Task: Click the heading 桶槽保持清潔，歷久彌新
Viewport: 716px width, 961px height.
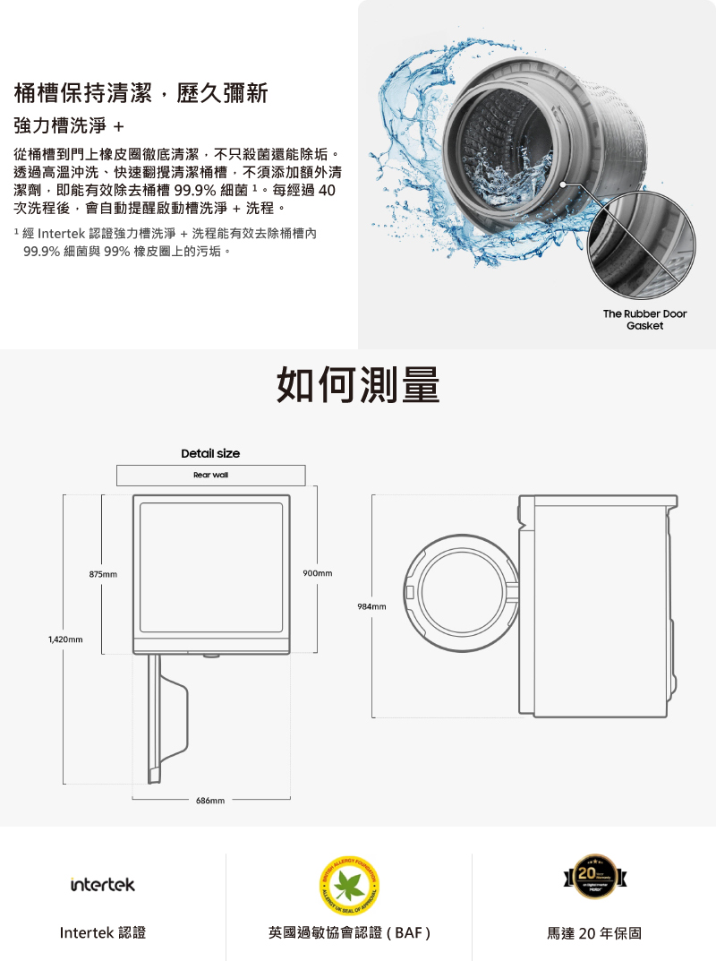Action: click(141, 93)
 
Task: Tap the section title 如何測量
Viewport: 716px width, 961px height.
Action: click(358, 384)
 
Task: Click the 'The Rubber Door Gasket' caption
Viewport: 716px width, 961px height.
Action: click(644, 320)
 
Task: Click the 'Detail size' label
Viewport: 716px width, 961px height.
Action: click(210, 453)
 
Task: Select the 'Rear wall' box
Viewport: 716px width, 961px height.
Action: click(210, 475)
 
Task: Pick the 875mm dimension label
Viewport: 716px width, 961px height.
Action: click(103, 573)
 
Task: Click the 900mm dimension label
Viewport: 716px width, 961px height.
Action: click(318, 572)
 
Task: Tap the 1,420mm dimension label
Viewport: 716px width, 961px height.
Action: click(65, 639)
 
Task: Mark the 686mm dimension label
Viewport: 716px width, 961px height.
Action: click(210, 798)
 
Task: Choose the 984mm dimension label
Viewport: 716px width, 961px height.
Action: click(371, 606)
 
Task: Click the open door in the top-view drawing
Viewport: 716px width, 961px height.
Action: click(170, 708)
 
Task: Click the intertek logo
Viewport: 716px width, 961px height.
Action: click(103, 884)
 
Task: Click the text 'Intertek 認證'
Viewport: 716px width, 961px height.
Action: click(103, 933)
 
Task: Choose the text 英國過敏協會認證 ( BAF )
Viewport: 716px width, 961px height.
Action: click(350, 933)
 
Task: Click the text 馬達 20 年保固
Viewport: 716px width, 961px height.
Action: click(594, 933)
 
